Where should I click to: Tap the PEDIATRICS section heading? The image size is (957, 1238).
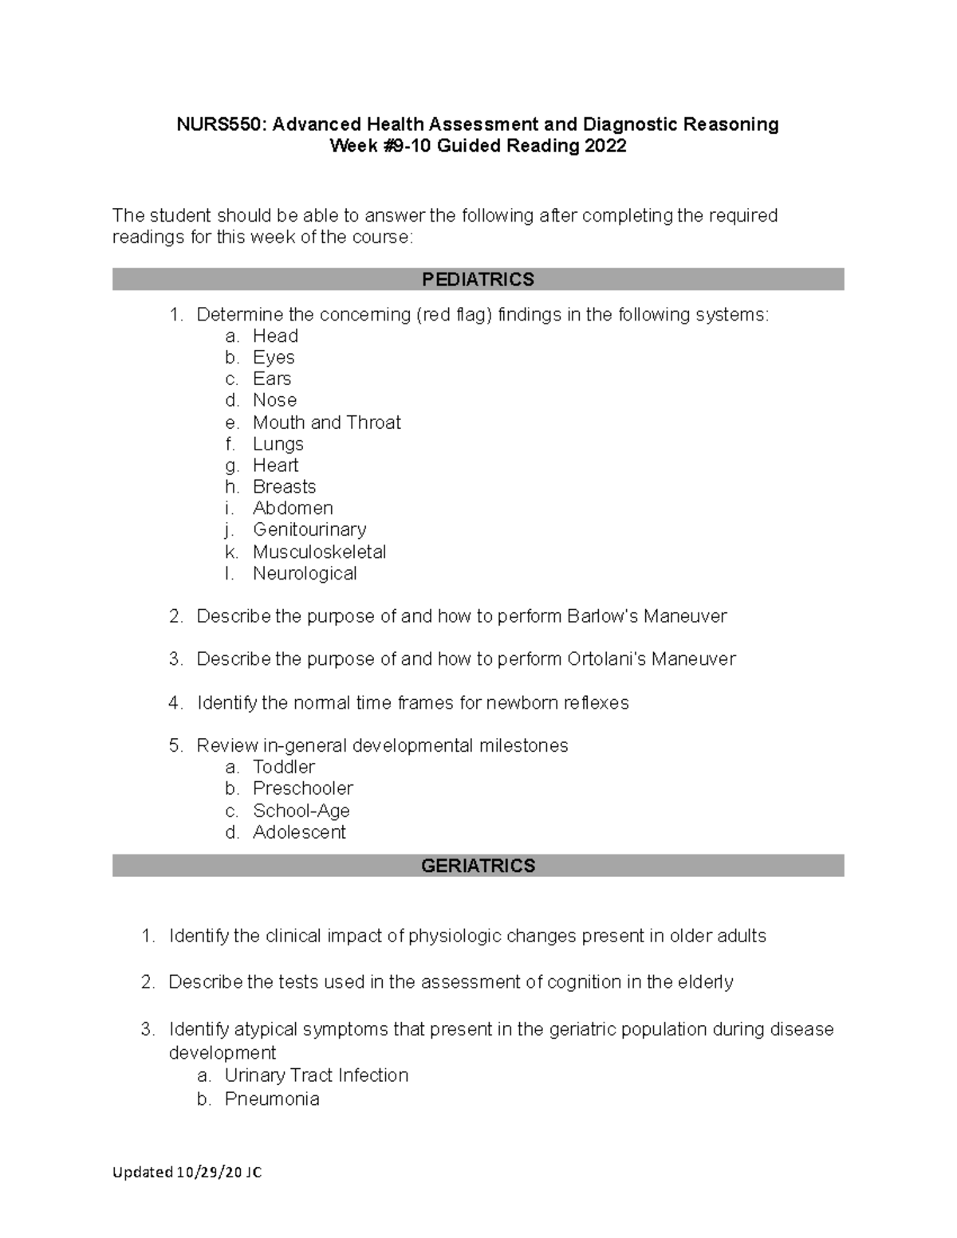478,280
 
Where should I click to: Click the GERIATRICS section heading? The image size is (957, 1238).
478,866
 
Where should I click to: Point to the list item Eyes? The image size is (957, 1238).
274,357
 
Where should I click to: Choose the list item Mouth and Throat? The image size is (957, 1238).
326,422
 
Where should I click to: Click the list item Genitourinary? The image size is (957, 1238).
309,529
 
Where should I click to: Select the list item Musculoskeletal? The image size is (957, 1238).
319,552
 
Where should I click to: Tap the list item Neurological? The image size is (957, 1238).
305,573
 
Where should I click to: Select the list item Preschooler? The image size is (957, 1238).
302,788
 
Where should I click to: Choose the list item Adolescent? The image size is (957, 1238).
299,832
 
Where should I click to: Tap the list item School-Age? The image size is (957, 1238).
301,811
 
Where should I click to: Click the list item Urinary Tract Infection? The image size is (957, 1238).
316,1075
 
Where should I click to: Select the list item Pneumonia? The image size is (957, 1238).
271,1099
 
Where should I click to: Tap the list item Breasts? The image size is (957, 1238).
284,486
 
